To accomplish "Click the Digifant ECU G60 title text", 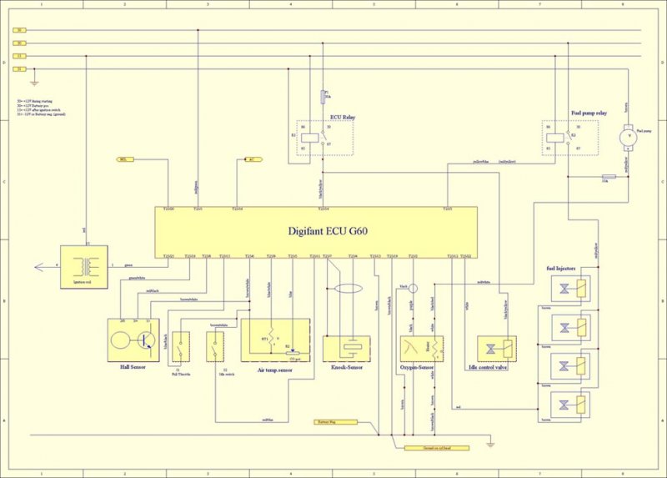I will [x=317, y=232].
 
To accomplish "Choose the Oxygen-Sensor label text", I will [x=420, y=365].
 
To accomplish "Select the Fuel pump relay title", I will [x=589, y=112].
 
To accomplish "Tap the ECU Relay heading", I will [x=343, y=118].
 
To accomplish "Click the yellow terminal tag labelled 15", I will [x=18, y=56].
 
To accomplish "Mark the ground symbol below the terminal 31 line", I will [x=34, y=82].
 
